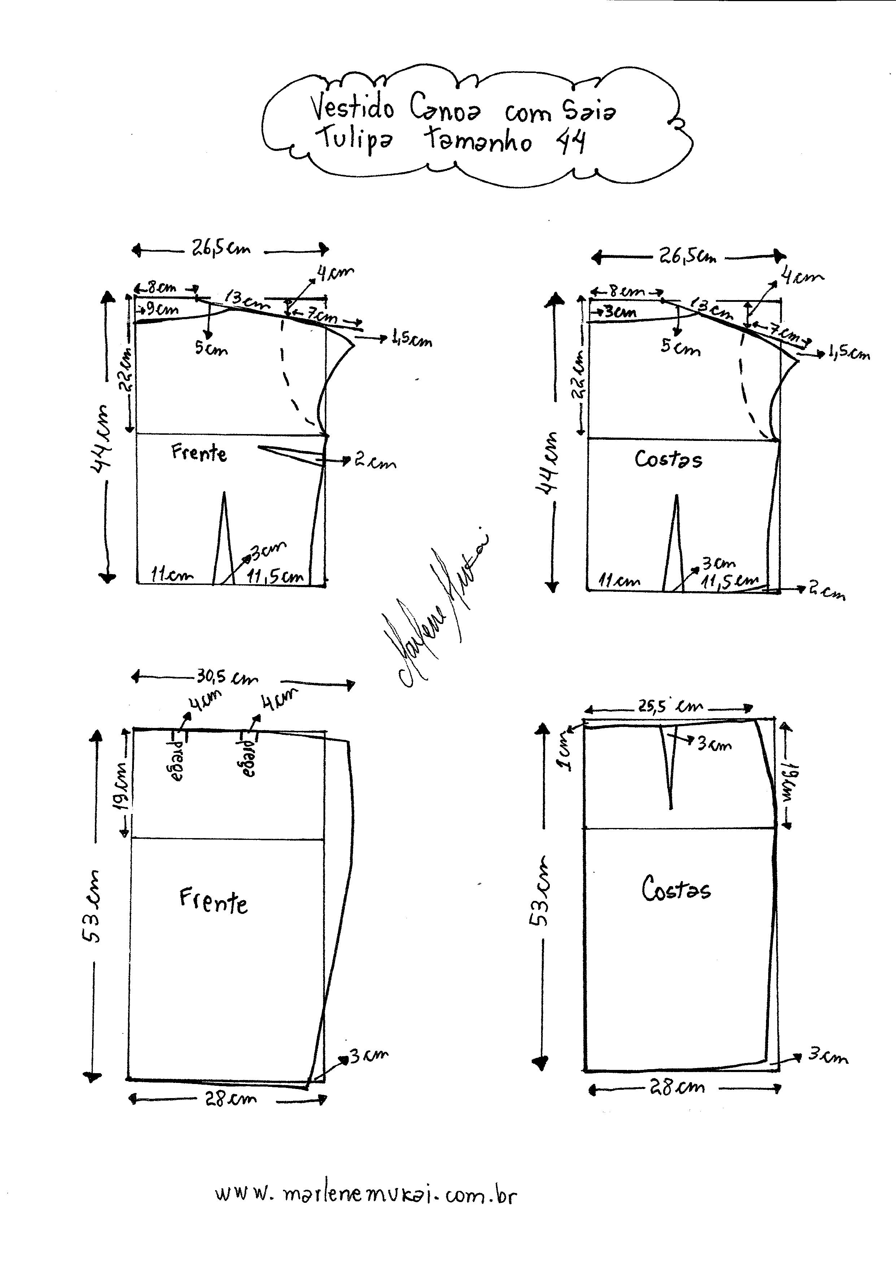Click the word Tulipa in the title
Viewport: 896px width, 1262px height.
(x=353, y=139)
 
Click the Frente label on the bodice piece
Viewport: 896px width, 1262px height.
(x=199, y=453)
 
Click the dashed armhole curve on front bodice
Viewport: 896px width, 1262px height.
(x=288, y=375)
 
